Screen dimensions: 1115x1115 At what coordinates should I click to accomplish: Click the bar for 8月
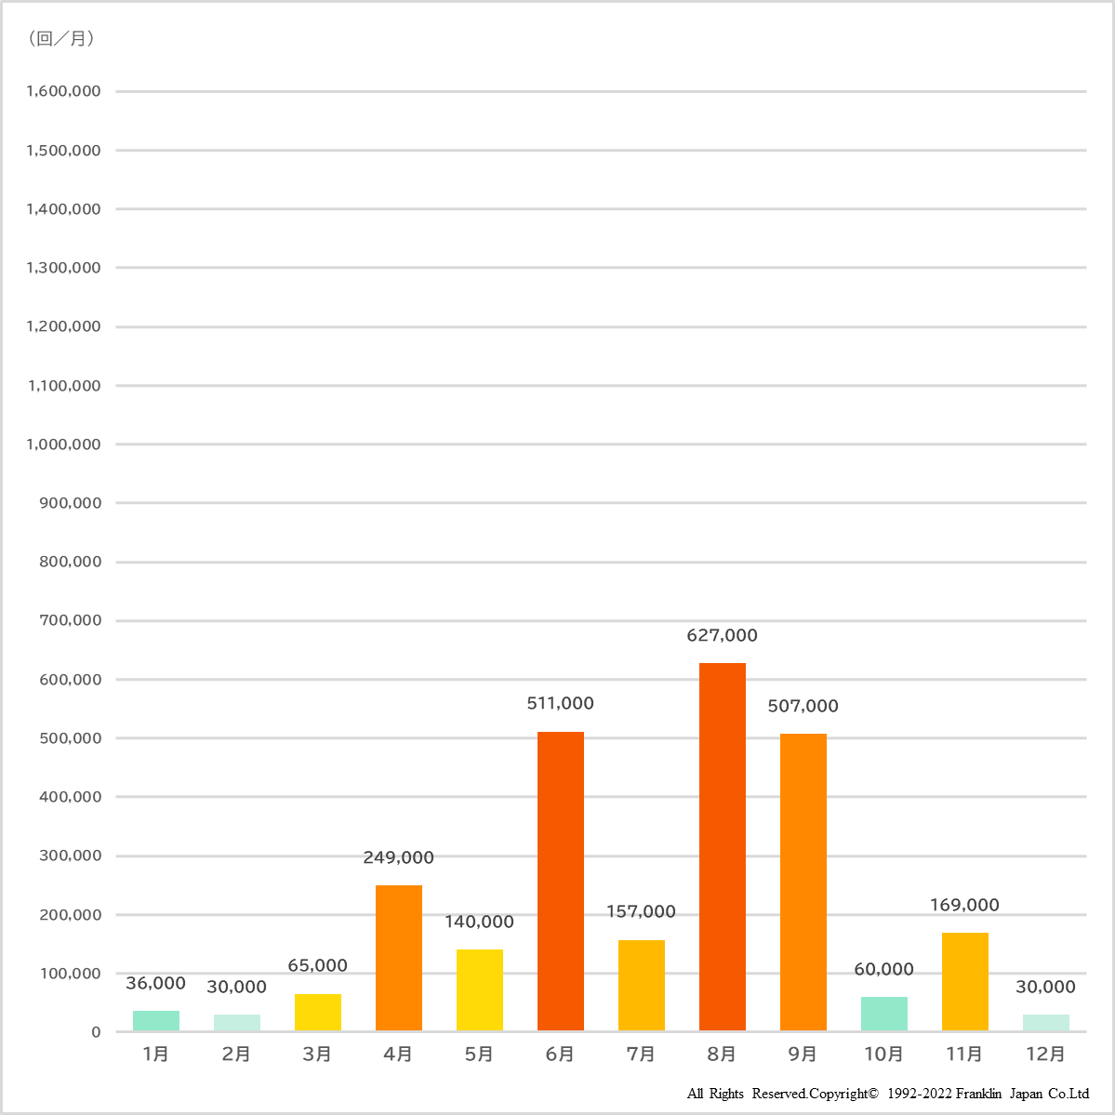click(x=722, y=846)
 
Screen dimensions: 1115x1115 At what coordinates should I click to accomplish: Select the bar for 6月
click(x=560, y=881)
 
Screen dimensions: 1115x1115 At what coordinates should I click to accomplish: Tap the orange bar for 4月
click(x=398, y=958)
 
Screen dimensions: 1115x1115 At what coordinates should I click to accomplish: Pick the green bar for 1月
click(x=156, y=1020)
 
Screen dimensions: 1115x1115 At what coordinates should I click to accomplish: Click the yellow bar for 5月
click(x=479, y=989)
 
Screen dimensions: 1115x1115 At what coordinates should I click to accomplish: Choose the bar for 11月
click(x=964, y=981)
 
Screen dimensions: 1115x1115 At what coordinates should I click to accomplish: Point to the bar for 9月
click(x=803, y=882)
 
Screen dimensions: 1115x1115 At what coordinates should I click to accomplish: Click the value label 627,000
click(x=722, y=636)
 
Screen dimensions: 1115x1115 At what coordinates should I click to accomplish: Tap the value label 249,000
click(x=398, y=857)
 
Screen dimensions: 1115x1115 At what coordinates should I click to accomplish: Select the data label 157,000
click(x=641, y=912)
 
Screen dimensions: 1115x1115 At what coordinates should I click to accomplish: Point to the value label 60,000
click(x=883, y=969)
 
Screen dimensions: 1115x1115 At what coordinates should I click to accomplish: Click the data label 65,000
click(x=317, y=966)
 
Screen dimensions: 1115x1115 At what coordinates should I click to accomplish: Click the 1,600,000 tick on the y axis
click(x=63, y=91)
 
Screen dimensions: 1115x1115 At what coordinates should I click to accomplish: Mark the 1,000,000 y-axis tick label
click(x=63, y=445)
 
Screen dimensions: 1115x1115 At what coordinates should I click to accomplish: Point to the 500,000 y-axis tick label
click(x=70, y=738)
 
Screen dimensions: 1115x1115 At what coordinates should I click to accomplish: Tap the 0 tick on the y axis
click(x=96, y=1032)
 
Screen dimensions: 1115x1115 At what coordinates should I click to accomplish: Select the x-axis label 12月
click(x=1045, y=1054)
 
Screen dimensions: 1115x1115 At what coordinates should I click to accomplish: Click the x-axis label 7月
click(x=641, y=1054)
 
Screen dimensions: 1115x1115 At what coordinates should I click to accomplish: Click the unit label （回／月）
click(x=61, y=38)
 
